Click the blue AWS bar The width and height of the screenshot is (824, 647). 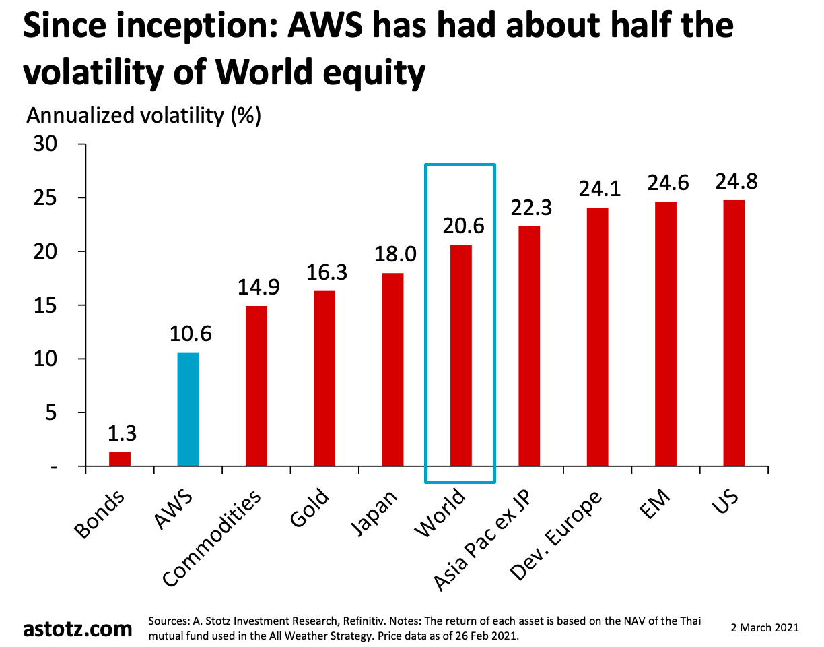[188, 409]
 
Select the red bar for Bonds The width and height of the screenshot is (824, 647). [120, 458]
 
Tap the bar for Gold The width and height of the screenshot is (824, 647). [324, 378]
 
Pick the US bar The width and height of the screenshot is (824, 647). [734, 333]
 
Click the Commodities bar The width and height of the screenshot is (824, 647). [256, 386]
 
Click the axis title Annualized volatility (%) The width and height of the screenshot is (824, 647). [143, 115]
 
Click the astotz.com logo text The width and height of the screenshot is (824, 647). [78, 629]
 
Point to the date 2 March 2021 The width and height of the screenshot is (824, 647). [765, 627]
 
